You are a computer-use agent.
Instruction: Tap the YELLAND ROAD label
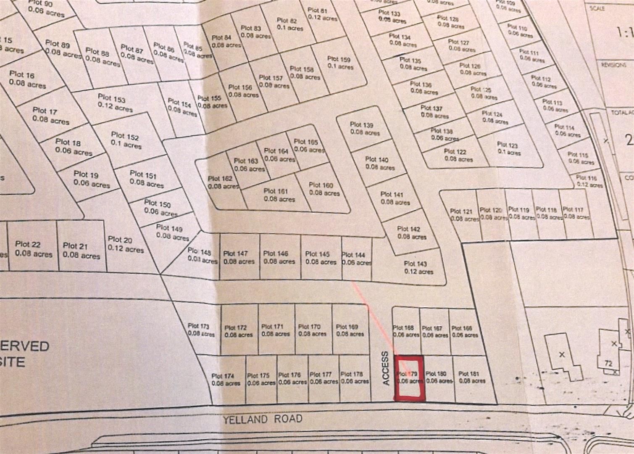[263, 419]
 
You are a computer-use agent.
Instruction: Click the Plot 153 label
[112, 99]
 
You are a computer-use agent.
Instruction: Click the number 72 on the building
[608, 364]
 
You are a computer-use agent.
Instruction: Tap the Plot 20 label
[121, 240]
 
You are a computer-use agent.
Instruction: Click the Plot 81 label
[318, 11]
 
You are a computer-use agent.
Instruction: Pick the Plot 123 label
[507, 145]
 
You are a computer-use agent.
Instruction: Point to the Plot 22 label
[28, 244]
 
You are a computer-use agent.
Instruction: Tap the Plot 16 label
[22, 74]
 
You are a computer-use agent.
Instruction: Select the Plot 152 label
[125, 136]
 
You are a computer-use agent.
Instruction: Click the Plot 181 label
[469, 374]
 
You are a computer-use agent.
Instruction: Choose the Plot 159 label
[339, 59]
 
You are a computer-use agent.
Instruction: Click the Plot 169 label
[347, 327]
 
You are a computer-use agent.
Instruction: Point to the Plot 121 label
[461, 211]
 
